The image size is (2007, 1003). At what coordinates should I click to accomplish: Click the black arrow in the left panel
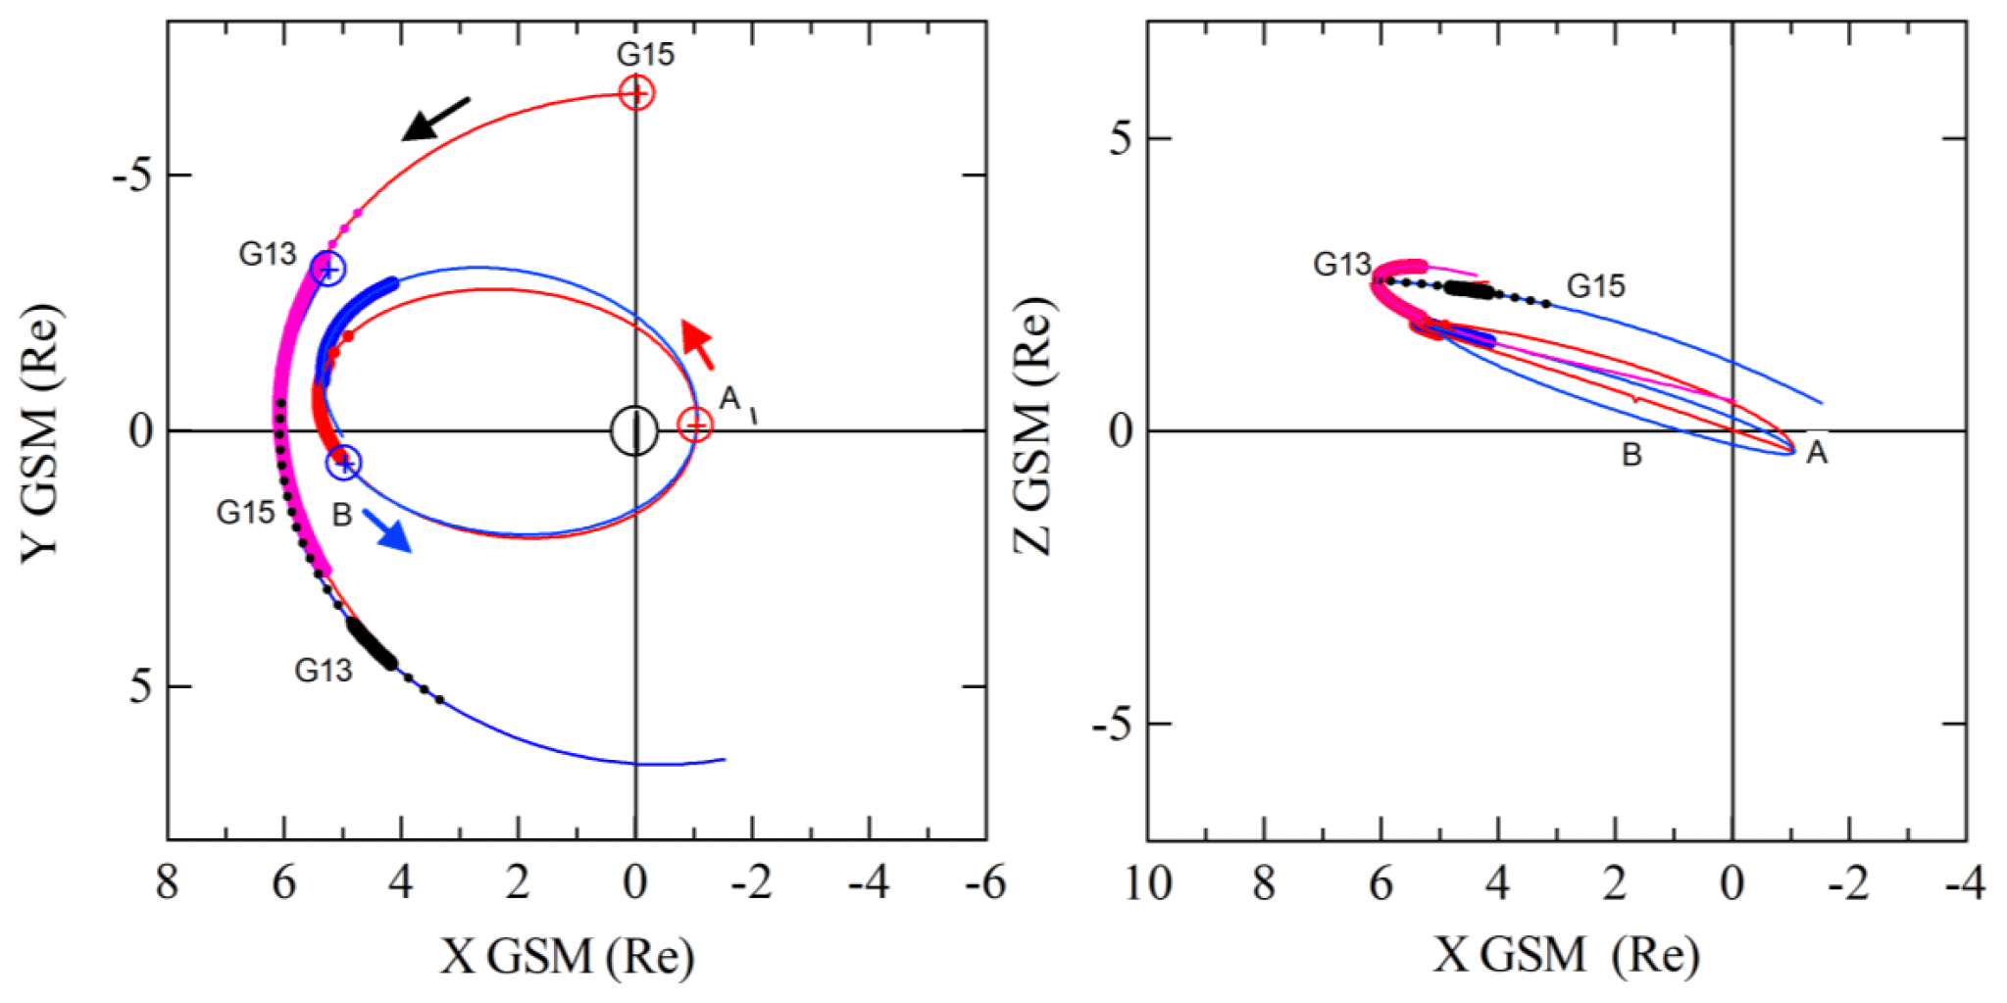tap(435, 119)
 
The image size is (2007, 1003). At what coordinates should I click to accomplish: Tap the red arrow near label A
tap(698, 343)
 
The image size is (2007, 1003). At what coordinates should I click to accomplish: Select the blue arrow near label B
tap(387, 530)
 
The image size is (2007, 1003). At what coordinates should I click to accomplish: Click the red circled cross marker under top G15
tap(636, 93)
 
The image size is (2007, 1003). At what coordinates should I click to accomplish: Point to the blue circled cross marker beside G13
tap(328, 269)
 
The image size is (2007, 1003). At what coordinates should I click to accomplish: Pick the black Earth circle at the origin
tap(634, 430)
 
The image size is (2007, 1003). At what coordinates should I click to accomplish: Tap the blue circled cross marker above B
tap(344, 462)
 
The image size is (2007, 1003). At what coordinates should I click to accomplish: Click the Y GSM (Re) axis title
tap(41, 431)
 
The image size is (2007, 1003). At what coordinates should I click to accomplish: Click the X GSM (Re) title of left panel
tap(567, 956)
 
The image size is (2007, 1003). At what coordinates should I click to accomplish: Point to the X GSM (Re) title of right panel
tap(1566, 954)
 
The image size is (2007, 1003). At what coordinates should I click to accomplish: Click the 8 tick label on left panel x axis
tap(168, 882)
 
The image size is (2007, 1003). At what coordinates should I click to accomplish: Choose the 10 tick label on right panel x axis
tap(1147, 882)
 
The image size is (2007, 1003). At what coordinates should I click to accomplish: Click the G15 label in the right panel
tap(1595, 286)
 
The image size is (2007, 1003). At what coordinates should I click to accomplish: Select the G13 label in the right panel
tap(1341, 265)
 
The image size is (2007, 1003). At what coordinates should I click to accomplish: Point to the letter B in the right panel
tap(1631, 455)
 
